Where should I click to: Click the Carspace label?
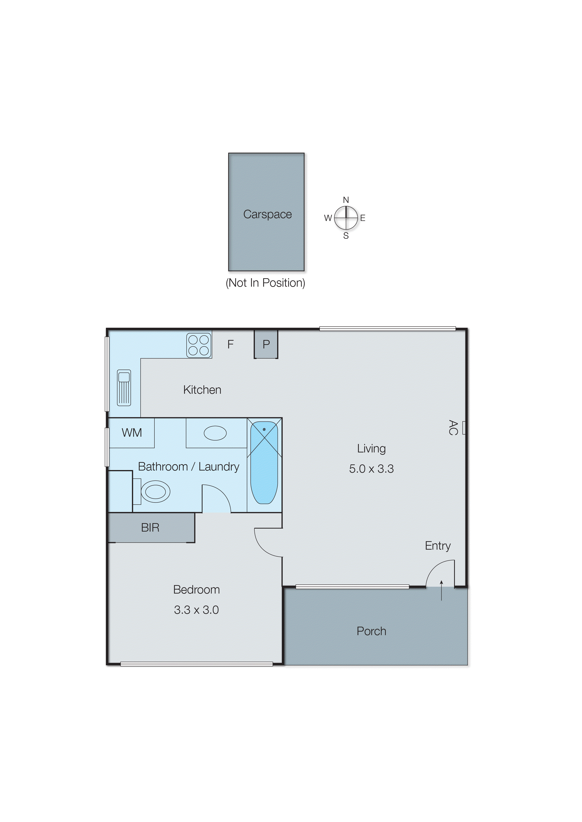(x=267, y=214)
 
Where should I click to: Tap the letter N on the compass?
(x=346, y=200)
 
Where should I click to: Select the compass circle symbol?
(x=346, y=218)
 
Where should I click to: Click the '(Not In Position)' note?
(x=265, y=283)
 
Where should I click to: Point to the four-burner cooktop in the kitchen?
(x=199, y=345)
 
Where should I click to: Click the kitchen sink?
(x=124, y=387)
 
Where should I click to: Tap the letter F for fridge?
(x=230, y=344)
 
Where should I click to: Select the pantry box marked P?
(x=266, y=344)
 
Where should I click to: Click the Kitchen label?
(x=202, y=390)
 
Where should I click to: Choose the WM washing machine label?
(x=131, y=433)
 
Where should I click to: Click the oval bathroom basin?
(x=215, y=433)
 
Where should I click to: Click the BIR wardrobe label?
(x=150, y=528)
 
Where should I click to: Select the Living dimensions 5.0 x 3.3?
(x=371, y=469)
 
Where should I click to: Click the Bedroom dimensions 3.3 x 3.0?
(x=196, y=610)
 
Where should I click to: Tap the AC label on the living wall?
(x=453, y=427)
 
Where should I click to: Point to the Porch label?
(x=371, y=631)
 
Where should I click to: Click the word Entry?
(x=438, y=546)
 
